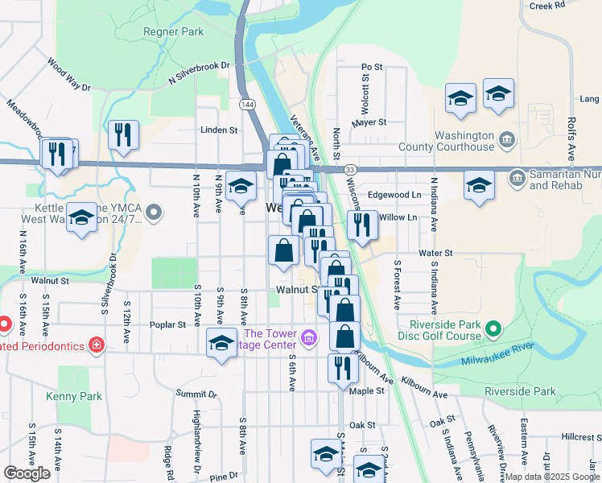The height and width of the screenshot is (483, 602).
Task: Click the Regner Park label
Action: (173, 32)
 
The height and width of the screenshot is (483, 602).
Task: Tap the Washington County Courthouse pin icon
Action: (506, 139)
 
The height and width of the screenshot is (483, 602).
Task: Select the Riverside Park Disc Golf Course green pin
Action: (494, 328)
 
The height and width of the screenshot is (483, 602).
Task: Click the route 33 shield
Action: (349, 170)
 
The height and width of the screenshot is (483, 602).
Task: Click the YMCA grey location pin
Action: (155, 213)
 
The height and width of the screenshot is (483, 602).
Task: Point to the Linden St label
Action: (220, 130)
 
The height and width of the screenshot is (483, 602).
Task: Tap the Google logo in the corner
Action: (27, 473)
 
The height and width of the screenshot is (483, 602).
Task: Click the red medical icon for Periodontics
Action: (97, 345)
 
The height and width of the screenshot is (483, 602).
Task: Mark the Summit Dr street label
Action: (196, 394)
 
